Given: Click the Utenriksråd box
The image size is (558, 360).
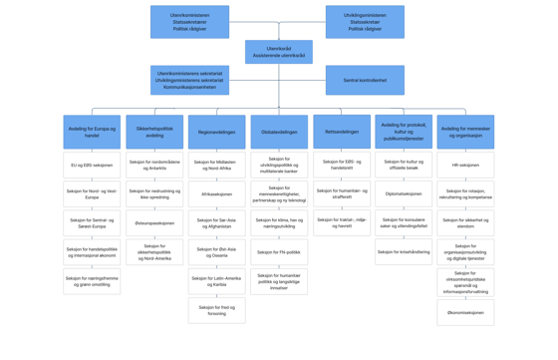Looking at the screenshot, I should tap(279, 52).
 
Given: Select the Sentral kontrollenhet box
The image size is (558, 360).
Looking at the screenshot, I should tap(365, 80).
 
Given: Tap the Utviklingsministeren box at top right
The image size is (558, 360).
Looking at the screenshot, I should tap(365, 22).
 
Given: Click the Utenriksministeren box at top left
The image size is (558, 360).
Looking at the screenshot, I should tap(189, 22).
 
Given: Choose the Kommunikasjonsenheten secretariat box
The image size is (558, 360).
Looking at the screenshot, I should tap(189, 80).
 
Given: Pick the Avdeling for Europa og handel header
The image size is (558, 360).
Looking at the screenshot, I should tap(92, 132).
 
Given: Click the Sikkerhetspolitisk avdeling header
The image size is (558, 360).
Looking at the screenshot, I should tap(154, 132).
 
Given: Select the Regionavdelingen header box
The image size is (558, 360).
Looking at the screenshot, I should tap(216, 132).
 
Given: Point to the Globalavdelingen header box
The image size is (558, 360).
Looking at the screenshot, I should tap(279, 132).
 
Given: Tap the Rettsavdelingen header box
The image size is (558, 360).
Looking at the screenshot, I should tap(342, 132).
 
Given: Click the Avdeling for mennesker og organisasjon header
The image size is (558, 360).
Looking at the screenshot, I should tap(465, 132).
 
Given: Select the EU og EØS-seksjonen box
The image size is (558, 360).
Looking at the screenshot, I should tap(92, 166).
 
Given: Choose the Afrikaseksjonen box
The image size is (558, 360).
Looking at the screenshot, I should tap(216, 194).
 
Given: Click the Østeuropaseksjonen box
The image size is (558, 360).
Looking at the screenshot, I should tap(154, 223).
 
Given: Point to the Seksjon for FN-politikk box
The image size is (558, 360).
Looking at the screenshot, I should tap(279, 252).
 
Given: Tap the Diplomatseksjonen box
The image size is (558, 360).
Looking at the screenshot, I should tap(404, 194).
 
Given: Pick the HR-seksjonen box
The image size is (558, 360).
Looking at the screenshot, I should tap(465, 166).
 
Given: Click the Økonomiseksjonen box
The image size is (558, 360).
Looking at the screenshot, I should tap(465, 312).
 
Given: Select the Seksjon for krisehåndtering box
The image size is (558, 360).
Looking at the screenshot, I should tap(404, 252).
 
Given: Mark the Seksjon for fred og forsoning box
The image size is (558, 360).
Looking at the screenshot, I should tap(216, 310).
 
